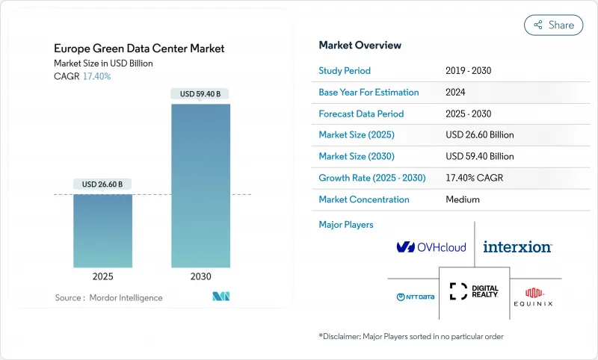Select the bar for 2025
[103, 231]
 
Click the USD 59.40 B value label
[201, 94]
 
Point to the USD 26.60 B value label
[103, 184]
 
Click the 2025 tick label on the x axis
[103, 276]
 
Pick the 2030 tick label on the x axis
[201, 276]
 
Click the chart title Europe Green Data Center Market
[139, 49]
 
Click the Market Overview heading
[360, 46]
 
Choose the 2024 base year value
[456, 93]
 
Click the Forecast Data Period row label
[361, 114]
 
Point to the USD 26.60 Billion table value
[479, 135]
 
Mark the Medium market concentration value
[462, 200]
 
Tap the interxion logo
[517, 246]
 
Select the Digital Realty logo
[474, 292]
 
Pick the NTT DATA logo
[416, 297]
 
